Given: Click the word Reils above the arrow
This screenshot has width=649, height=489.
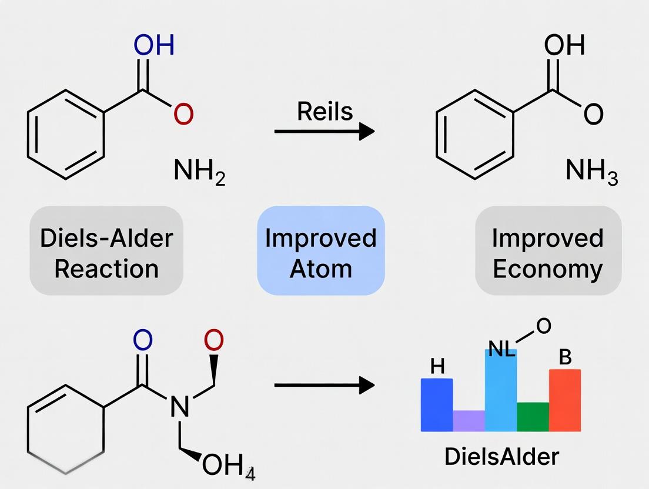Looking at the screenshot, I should [324, 111].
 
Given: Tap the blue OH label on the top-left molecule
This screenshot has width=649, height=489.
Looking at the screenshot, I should [154, 45].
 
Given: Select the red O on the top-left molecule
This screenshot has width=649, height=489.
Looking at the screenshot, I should [183, 115].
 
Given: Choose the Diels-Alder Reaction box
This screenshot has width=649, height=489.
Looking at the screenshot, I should [106, 253].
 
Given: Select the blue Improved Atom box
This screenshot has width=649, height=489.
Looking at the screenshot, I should [321, 253].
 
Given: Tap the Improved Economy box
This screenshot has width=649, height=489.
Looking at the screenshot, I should [547, 253].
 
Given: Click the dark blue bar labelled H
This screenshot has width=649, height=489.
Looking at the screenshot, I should [437, 406].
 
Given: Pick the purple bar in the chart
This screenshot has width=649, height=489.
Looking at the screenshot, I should [469, 421].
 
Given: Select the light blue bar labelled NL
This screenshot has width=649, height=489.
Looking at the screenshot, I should [500, 391].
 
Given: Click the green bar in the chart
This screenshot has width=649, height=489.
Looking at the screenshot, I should [533, 417].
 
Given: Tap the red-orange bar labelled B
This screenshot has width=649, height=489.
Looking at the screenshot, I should [564, 400].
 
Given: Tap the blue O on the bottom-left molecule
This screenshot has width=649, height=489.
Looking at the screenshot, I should [143, 340].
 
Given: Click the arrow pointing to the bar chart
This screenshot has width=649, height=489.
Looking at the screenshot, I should [324, 386].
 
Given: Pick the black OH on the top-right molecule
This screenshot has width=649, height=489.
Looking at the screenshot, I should [564, 45].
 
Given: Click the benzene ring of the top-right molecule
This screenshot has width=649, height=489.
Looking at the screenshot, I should [474, 135].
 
